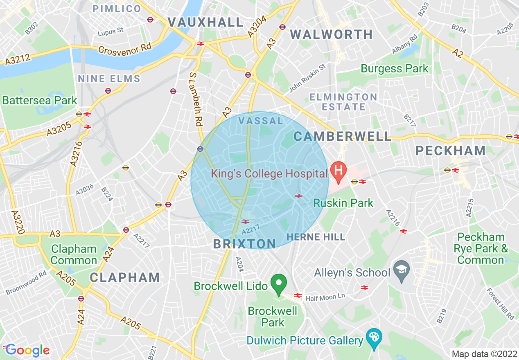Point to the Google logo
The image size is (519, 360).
27,350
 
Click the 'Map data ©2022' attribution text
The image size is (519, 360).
484,353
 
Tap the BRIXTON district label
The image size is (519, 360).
245,244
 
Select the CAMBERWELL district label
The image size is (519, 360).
342,137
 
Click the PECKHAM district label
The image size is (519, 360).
451,151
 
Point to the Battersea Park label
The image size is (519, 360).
40,100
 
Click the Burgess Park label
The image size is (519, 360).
395,69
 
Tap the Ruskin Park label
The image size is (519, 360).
343,203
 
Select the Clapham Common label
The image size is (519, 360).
74,254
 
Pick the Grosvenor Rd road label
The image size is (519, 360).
125,48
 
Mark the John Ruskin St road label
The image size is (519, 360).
307,78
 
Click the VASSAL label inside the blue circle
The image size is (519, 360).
261,121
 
